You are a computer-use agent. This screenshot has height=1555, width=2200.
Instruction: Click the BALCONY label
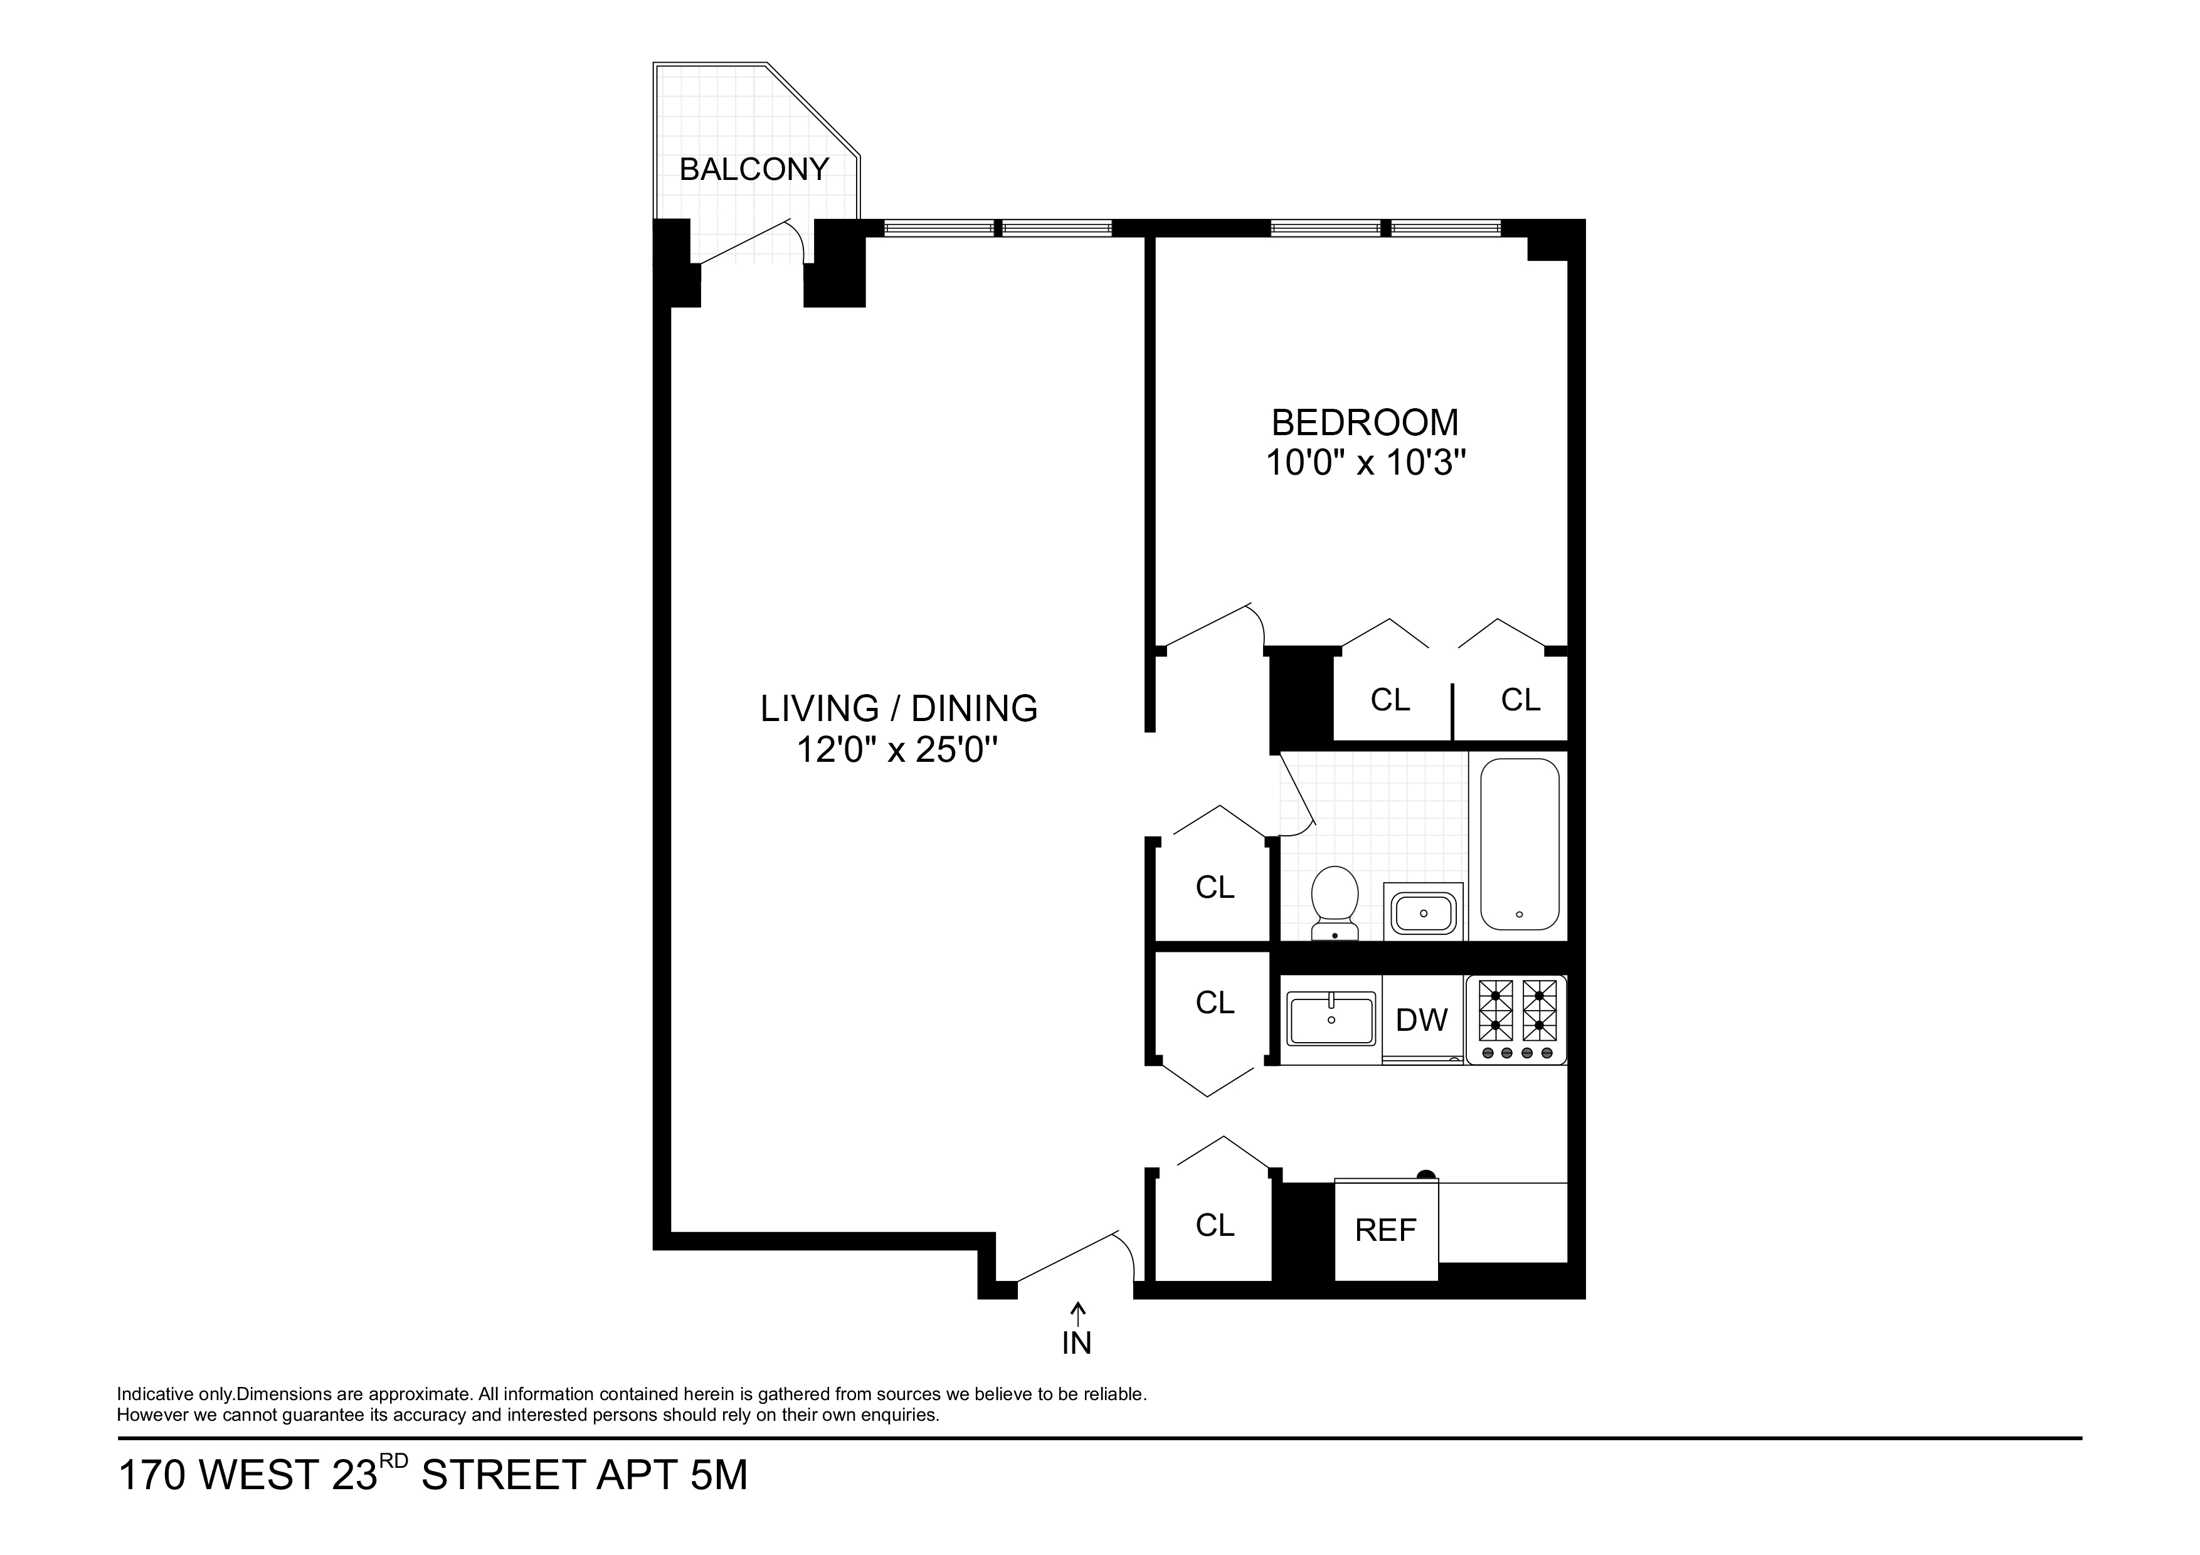[x=753, y=169]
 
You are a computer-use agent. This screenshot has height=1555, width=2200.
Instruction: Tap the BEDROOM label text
[x=1365, y=423]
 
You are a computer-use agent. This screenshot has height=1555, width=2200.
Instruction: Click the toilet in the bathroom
[x=1335, y=900]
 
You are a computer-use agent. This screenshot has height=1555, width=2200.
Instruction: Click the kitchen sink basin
[x=1331, y=1020]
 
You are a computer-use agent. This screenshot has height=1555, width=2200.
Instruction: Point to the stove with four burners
[x=1516, y=1020]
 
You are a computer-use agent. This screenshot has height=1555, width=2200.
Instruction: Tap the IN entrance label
[x=1077, y=1344]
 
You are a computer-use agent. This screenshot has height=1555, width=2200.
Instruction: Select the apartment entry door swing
[x=1073, y=1255]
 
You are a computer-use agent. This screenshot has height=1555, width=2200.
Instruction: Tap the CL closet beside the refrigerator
[x=1215, y=1225]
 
